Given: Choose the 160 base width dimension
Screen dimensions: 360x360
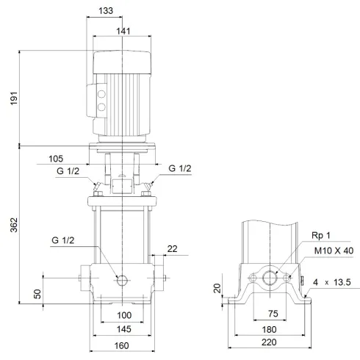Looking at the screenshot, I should tap(122, 345).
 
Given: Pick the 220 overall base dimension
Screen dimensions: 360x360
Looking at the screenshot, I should tap(271, 345).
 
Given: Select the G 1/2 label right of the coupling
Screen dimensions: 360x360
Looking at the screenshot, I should tap(180, 170).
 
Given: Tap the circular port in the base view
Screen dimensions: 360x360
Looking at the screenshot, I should tap(271, 278).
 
